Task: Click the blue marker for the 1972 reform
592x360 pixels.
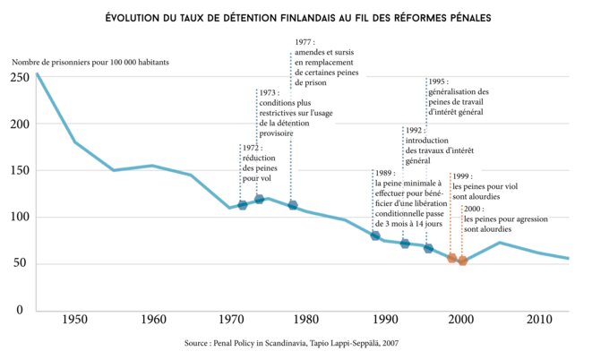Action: [x=243, y=205]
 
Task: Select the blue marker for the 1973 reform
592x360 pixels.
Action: [x=259, y=199]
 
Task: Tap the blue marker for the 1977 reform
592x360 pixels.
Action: [x=292, y=205]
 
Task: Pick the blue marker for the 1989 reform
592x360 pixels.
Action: [x=375, y=236]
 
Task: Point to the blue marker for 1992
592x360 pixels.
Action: [x=405, y=244]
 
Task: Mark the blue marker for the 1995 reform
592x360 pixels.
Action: [x=428, y=248]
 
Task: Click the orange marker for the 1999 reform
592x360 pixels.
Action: [x=452, y=258]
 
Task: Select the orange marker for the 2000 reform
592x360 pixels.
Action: [x=462, y=261]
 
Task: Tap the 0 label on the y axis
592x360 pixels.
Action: [x=21, y=310]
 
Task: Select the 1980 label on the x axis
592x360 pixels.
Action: [x=306, y=320]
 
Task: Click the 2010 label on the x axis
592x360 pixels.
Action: [x=539, y=320]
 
